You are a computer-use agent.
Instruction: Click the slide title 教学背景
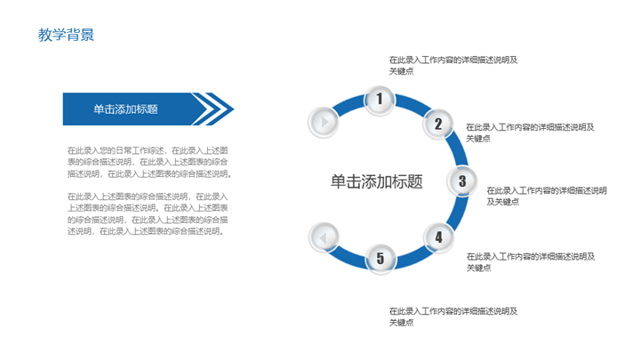[x=66, y=35]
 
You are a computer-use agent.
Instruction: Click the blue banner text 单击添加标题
[x=125, y=109]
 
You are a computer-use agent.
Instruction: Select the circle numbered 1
[x=380, y=100]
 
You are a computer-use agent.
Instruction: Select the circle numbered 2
[x=437, y=124]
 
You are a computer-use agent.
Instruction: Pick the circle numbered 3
[x=462, y=181]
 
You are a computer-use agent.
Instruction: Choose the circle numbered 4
[x=438, y=237]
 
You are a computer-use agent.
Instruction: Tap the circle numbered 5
[x=381, y=259]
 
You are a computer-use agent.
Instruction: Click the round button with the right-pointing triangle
[x=324, y=122]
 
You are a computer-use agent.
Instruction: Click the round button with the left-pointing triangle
[x=324, y=237]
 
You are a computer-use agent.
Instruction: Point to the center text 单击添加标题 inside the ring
[x=376, y=182]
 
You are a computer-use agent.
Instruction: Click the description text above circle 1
[x=453, y=66]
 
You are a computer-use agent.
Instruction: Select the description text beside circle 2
[x=530, y=132]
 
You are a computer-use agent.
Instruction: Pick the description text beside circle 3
[x=547, y=196]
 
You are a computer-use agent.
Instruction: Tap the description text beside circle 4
[x=531, y=262]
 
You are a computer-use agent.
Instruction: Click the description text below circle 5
[x=453, y=316]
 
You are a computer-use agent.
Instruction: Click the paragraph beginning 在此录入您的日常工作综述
[x=149, y=163]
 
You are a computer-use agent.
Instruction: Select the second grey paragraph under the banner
[x=148, y=213]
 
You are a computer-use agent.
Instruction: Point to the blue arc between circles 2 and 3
[x=456, y=150]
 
